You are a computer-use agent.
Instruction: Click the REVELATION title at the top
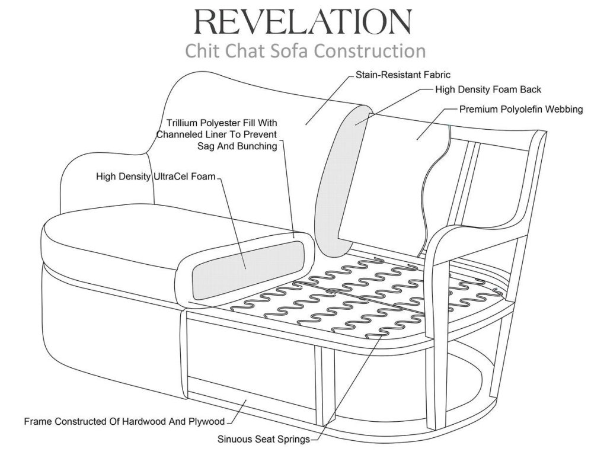[x=303, y=22]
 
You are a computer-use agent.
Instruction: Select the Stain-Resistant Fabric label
[x=403, y=75]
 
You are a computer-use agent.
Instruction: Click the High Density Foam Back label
[x=488, y=90]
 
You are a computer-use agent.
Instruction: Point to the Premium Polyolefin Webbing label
[x=521, y=110]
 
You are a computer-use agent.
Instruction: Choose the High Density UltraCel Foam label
[x=156, y=177]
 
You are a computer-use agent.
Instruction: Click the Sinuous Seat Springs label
[x=264, y=440]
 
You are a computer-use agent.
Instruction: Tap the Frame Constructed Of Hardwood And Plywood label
[x=124, y=421]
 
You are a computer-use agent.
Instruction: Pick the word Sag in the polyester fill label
[x=206, y=146]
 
